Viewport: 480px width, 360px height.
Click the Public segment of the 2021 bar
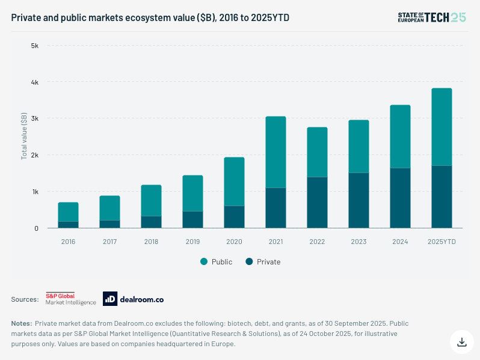[x=275, y=152]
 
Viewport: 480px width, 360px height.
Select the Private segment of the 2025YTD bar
[x=442, y=197]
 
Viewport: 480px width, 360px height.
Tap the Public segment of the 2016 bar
[x=68, y=212]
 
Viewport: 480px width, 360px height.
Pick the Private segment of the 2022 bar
[x=317, y=203]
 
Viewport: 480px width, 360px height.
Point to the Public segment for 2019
[x=192, y=193]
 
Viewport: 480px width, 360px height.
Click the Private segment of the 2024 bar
[x=400, y=198]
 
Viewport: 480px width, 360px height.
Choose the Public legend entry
[x=216, y=262]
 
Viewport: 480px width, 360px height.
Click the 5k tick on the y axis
[x=34, y=46]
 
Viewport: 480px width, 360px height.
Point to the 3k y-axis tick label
[x=34, y=118]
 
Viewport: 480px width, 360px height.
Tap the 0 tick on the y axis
[x=36, y=228]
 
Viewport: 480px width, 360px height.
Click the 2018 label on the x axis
[x=151, y=242]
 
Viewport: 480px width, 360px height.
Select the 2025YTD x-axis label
[x=442, y=242]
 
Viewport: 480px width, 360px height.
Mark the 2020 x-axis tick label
[x=234, y=242]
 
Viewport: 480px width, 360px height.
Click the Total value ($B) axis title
[x=24, y=137]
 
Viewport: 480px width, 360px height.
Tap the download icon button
[x=462, y=342]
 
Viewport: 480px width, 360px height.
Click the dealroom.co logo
[x=133, y=299]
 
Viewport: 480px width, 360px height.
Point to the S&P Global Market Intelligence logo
[x=71, y=299]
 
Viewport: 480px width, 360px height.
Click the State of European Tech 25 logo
[x=432, y=17]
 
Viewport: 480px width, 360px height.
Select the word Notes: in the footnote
[x=21, y=323]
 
